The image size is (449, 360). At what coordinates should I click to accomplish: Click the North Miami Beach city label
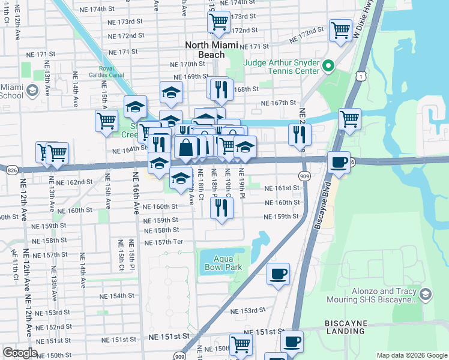[211, 50]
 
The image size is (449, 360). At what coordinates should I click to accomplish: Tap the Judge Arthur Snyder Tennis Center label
[281, 67]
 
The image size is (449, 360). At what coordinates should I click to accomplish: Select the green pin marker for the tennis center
[328, 66]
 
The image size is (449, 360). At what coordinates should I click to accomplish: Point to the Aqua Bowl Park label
[218, 262]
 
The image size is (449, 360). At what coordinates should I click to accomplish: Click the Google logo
[20, 353]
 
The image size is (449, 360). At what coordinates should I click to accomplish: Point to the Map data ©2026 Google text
[412, 355]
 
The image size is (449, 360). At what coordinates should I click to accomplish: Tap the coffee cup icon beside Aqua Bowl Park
[278, 274]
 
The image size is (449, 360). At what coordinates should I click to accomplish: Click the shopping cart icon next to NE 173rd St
[218, 22]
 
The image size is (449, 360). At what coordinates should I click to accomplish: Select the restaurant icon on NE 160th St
[221, 208]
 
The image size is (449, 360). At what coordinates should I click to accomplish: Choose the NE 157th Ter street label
[163, 242]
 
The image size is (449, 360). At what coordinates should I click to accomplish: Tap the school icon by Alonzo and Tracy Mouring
[425, 294]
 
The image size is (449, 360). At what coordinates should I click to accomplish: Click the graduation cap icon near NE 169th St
[171, 92]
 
